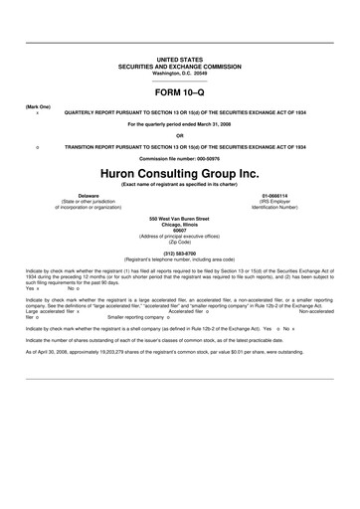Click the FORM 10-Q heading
pyautogui.click(x=179, y=91)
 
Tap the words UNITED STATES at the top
pyautogui.click(x=179, y=61)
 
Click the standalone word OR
pyautogui.click(x=179, y=135)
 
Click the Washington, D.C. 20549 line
pyautogui.click(x=179, y=73)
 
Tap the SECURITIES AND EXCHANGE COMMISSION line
pyautogui.click(x=179, y=67)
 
